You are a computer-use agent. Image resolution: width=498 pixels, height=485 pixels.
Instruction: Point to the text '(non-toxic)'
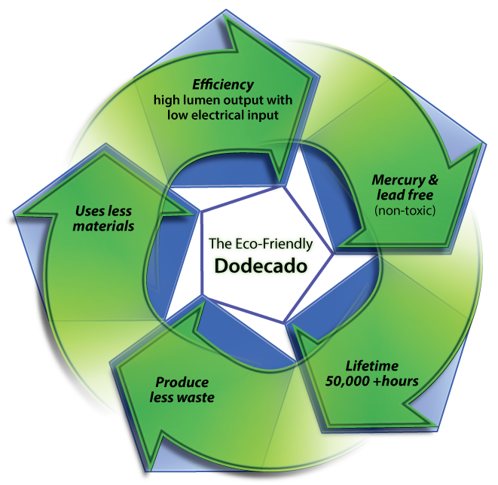click(406, 210)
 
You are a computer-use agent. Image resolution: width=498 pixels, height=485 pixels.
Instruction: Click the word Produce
click(182, 382)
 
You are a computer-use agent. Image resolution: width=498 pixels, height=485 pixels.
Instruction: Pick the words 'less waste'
click(184, 397)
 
